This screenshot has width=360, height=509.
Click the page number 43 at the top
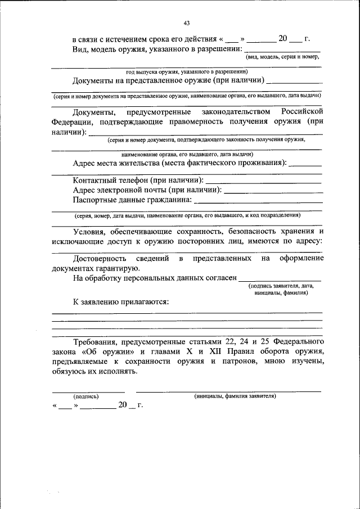[186, 23]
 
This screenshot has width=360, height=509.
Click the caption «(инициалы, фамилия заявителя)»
[235, 396]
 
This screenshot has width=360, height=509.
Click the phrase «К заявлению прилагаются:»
[121, 301]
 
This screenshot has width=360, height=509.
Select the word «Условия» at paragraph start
[89, 231]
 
